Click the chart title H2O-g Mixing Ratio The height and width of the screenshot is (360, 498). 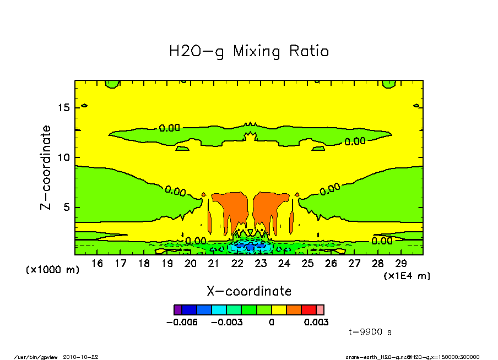pyautogui.click(x=249, y=52)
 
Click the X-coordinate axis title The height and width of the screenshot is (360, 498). pyautogui.click(x=249, y=291)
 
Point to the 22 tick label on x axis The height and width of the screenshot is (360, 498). pyautogui.click(x=237, y=264)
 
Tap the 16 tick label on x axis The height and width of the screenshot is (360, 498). pyautogui.click(x=97, y=264)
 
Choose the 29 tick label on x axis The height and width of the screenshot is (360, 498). pyautogui.click(x=402, y=264)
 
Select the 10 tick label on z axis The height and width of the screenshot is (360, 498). pyautogui.click(x=63, y=157)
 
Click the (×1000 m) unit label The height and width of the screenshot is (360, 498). pyautogui.click(x=53, y=270)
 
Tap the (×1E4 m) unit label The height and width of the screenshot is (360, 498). pyautogui.click(x=407, y=276)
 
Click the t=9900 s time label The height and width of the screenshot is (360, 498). pyautogui.click(x=371, y=332)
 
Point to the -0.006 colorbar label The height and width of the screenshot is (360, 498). pyautogui.click(x=182, y=323)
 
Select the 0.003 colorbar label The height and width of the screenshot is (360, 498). pyautogui.click(x=316, y=323)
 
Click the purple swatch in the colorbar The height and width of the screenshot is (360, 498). pyautogui.click(x=177, y=310)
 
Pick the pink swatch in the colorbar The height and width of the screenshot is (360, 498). pyautogui.click(x=320, y=310)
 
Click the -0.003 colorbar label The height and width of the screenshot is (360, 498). pyautogui.click(x=228, y=323)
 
